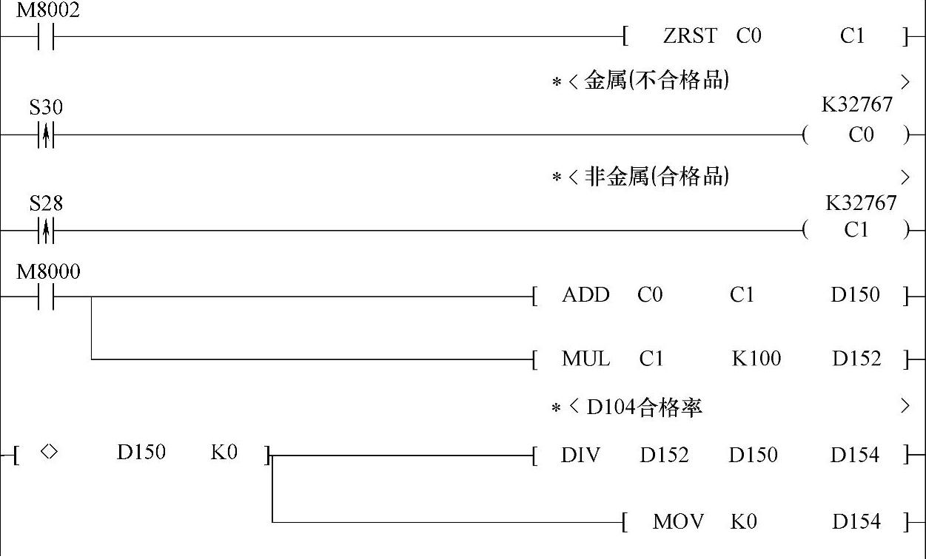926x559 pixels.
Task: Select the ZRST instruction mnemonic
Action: [690, 36]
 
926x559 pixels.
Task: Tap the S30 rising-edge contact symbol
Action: [46, 135]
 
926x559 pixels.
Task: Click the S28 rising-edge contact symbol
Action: [46, 231]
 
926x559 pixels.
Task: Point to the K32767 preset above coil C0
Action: [857, 105]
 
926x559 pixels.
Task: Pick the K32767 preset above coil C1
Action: [861, 203]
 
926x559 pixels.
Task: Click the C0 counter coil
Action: [861, 135]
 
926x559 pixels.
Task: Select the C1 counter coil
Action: [856, 231]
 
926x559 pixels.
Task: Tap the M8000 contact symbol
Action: [46, 297]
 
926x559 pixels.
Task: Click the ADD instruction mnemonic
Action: [586, 296]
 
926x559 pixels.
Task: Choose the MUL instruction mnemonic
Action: [586, 359]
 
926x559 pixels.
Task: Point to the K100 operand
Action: [756, 359]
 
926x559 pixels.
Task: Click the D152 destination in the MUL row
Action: [856, 359]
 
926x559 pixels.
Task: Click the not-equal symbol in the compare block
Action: [48, 452]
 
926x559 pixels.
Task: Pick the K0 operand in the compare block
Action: [224, 453]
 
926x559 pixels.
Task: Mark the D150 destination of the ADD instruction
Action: [855, 296]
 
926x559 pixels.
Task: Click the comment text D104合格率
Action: [644, 407]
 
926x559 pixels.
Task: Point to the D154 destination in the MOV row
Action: [856, 522]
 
